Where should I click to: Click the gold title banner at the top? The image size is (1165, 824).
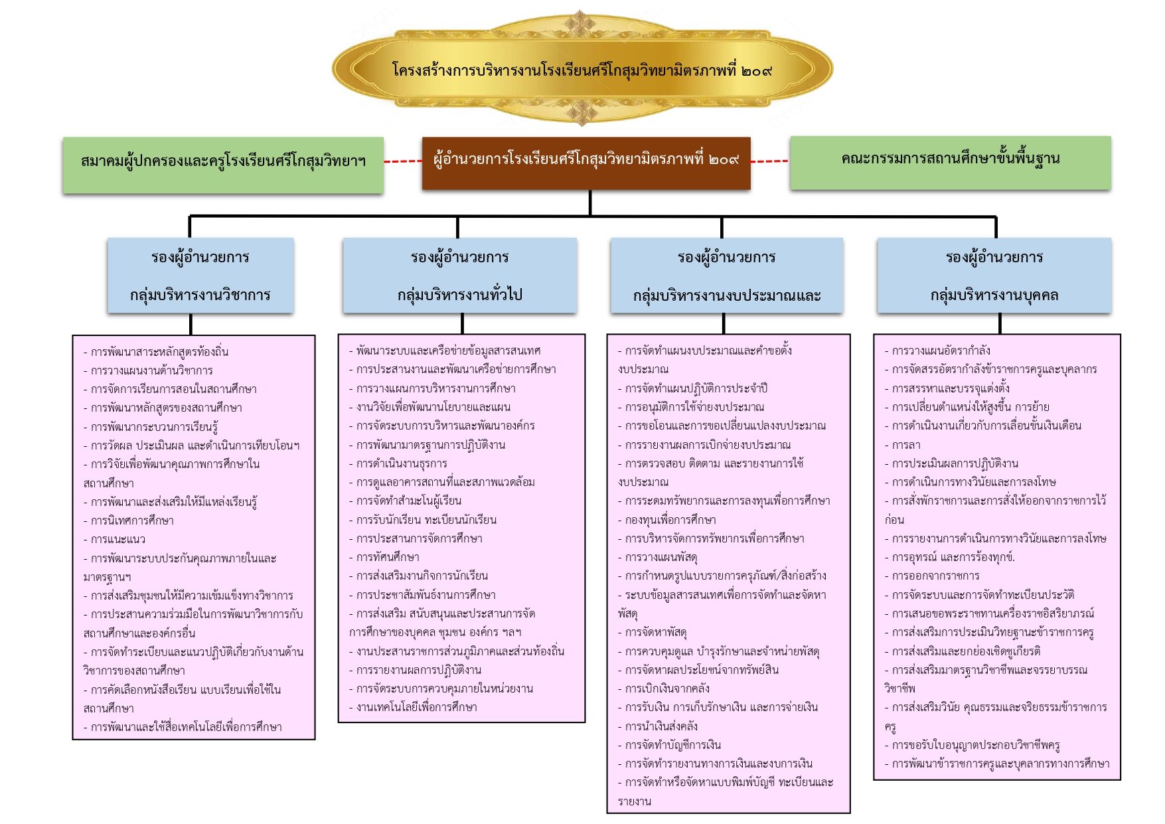pos(582,68)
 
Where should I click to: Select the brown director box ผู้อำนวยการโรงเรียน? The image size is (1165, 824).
pos(586,163)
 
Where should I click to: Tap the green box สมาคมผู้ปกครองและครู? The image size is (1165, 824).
pos(223,165)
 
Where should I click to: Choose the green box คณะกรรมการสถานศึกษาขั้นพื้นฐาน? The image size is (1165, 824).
pos(950,163)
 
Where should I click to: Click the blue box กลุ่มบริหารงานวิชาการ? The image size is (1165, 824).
pos(200,276)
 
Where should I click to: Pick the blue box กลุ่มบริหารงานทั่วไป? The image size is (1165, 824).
pos(459,276)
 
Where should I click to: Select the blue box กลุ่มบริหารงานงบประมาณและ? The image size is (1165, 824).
pos(727,276)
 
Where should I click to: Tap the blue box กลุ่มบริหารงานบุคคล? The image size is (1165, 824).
pos(994,276)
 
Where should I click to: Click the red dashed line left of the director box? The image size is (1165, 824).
pos(403,161)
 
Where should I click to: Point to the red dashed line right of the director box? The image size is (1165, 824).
pos(770,161)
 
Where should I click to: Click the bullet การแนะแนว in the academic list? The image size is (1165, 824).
pos(114,539)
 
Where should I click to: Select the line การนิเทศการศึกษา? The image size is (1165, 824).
pos(128,521)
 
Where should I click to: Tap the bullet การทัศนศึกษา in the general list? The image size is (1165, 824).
pos(384,557)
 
